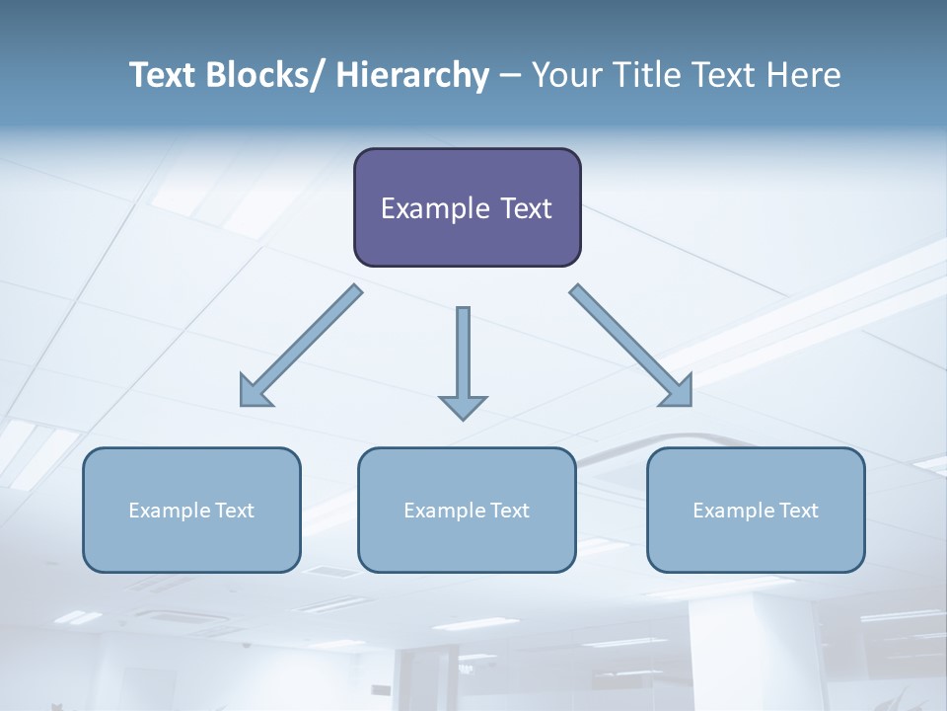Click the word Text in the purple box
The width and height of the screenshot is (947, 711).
(x=525, y=208)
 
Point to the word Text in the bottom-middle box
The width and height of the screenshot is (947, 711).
(x=508, y=511)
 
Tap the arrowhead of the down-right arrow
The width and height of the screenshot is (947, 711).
(x=679, y=393)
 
